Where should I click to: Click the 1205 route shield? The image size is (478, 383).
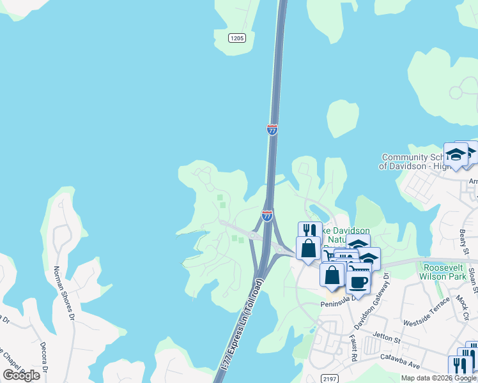[x=237, y=38]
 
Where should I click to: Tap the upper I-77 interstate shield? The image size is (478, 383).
[x=272, y=130]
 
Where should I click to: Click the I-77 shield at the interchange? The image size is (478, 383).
[x=267, y=216]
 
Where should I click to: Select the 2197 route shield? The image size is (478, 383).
[x=328, y=379]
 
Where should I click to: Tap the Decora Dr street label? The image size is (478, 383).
[x=44, y=358]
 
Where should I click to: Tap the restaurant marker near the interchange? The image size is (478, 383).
[x=310, y=231]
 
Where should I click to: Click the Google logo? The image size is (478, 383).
[x=22, y=375]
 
